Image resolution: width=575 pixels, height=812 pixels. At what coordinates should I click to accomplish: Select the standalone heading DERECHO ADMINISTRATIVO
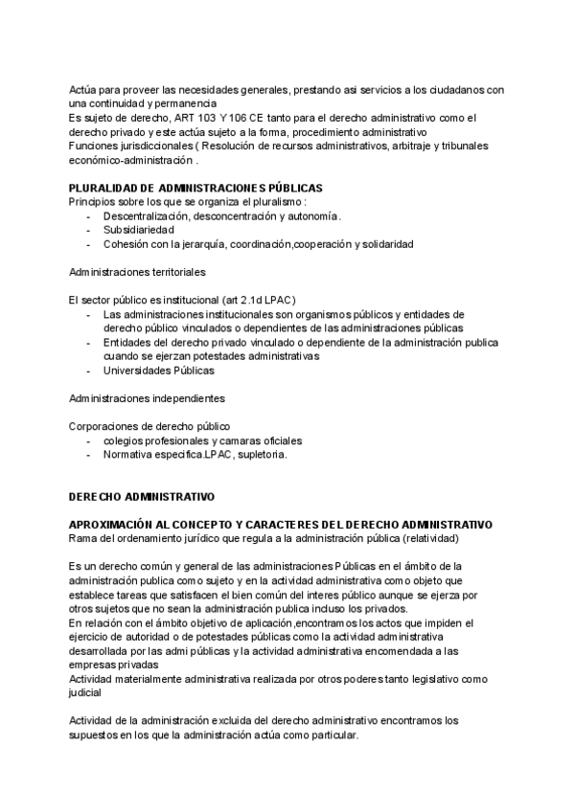(141, 498)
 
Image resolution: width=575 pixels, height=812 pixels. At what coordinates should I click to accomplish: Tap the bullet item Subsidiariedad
(139, 230)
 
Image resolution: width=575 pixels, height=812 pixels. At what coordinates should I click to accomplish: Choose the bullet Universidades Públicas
(159, 370)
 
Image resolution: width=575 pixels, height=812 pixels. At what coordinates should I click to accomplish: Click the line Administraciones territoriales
(138, 272)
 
